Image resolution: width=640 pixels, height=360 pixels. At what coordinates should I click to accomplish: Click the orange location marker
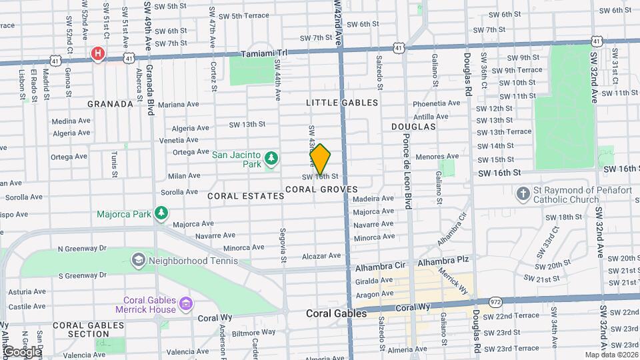(320, 159)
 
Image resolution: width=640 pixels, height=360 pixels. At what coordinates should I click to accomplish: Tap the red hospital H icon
(99, 53)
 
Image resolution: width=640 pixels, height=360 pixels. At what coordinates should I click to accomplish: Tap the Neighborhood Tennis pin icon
(139, 259)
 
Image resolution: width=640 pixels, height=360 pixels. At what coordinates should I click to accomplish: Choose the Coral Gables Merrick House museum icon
(185, 305)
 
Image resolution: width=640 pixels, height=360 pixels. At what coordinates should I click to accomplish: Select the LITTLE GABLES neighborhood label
(342, 103)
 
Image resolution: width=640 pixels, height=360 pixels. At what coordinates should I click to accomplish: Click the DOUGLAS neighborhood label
(413, 126)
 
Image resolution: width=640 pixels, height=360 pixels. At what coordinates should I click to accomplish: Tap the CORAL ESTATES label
(237, 196)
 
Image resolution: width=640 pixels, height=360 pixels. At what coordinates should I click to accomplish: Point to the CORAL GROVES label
(321, 190)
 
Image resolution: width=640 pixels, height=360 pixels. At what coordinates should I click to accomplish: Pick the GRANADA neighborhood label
(111, 104)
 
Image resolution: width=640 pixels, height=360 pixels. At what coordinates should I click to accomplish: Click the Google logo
(21, 352)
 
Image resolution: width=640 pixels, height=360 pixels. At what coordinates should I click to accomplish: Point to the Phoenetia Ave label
(437, 103)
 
